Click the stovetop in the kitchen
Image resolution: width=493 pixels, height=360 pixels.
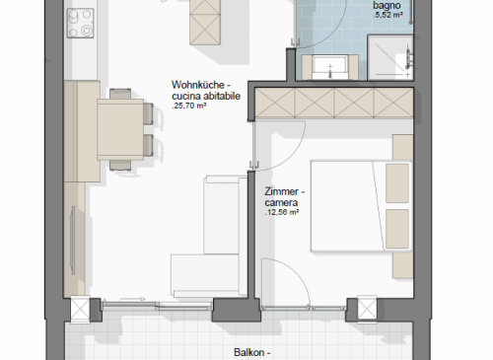[x=80, y=23]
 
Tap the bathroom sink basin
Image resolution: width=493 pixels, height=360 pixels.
[x=330, y=67]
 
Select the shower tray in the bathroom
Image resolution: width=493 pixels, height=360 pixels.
[x=390, y=57]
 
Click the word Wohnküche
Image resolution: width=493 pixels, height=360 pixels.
[x=198, y=85]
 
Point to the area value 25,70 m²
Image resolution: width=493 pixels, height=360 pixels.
[x=189, y=106]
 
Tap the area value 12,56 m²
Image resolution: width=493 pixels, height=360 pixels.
[x=282, y=212]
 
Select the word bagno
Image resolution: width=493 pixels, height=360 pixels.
[x=387, y=5]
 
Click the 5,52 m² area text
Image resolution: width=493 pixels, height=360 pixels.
[x=387, y=15]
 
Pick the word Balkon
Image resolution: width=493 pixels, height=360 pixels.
[x=249, y=352]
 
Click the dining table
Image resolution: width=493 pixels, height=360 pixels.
[x=120, y=129]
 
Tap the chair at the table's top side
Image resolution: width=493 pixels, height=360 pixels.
[x=120, y=94]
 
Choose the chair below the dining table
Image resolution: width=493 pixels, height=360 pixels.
[x=120, y=165]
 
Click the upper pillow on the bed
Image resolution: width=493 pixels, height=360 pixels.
[x=397, y=183]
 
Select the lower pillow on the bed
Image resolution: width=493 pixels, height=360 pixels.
[x=397, y=229]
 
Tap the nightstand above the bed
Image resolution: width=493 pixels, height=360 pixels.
[x=403, y=147]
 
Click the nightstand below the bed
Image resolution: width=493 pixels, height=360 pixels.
[x=403, y=265]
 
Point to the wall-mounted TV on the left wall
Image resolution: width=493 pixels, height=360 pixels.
[x=73, y=241]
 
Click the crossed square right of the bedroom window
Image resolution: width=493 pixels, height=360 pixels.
[x=367, y=308]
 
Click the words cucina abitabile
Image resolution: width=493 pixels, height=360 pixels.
[x=206, y=96]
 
